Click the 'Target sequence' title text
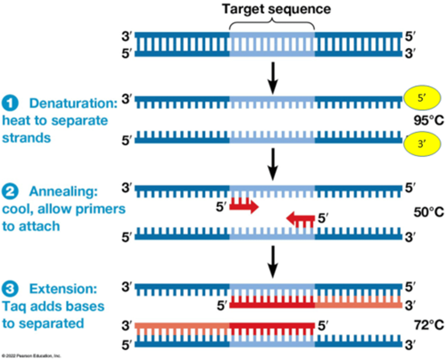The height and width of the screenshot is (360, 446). [276, 9]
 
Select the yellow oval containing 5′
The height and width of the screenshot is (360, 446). [422, 98]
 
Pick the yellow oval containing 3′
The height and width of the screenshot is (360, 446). [422, 144]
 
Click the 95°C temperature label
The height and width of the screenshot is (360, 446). [429, 120]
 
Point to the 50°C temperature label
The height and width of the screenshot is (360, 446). [429, 212]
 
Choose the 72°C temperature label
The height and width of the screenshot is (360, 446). [429, 325]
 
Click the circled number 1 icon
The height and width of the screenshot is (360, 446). [10, 103]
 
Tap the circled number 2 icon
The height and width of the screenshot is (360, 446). [10, 191]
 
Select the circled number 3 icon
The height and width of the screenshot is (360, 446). [10, 289]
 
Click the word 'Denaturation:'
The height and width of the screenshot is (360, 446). [73, 103]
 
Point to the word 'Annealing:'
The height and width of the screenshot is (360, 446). [63, 191]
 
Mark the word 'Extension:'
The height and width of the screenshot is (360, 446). [63, 289]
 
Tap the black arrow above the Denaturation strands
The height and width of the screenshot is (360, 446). [273, 78]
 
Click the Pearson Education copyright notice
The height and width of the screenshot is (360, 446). [31, 356]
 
